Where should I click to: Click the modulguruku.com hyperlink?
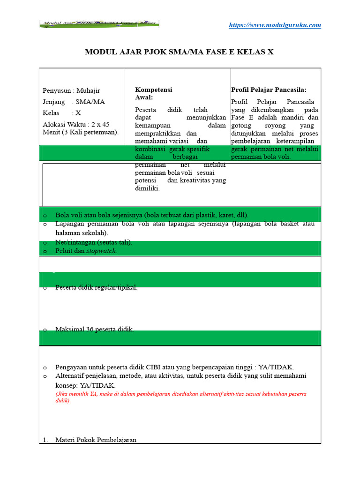(275, 25)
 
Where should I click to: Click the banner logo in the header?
(99, 24)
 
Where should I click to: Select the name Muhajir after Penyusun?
(88, 90)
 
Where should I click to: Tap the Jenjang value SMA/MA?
(90, 102)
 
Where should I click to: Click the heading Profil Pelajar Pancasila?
(269, 90)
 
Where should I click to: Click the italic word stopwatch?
(101, 251)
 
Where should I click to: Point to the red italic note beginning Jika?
(181, 397)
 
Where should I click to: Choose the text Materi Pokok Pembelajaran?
(96, 440)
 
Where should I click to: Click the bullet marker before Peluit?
(45, 251)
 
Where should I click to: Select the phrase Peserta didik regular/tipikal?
(96, 287)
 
